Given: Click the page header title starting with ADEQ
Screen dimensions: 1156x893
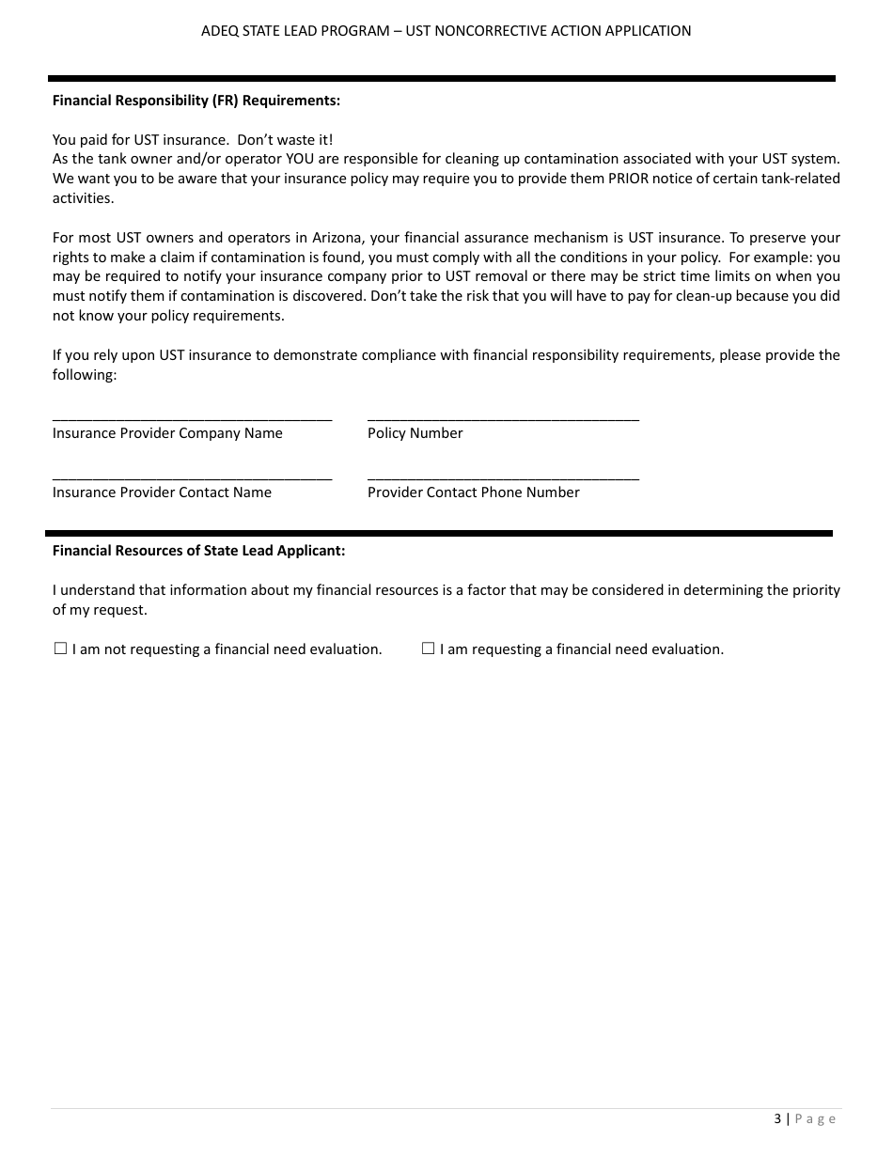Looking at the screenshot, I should click(446, 31).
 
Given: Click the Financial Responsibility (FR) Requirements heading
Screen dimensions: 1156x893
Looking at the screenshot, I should click(196, 100).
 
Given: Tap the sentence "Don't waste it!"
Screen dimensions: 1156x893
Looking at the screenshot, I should click(284, 139).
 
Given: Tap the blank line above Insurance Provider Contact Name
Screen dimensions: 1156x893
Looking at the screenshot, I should click(192, 476).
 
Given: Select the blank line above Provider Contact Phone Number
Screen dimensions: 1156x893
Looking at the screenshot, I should click(503, 476).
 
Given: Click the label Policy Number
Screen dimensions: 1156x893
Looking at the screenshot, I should click(415, 433).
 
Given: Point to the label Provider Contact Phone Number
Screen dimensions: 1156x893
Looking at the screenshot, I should click(473, 492).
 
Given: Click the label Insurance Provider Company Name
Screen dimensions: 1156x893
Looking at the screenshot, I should click(167, 433).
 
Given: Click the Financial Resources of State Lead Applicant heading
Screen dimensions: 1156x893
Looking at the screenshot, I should click(198, 551).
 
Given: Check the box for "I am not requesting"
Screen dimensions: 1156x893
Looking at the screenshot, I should click(60, 648).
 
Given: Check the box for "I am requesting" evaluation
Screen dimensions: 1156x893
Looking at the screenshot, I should click(428, 648).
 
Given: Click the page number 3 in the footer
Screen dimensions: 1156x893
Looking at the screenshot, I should click(777, 1118).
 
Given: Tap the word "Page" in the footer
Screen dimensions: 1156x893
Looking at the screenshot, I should click(815, 1118).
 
